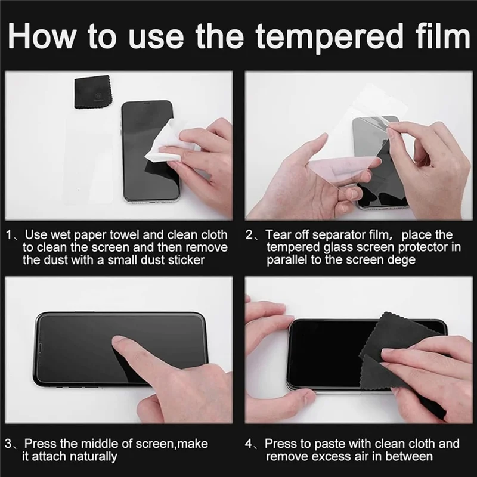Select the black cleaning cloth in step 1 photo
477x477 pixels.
92,92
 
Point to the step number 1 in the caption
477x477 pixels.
10,235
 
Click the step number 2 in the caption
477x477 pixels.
249,235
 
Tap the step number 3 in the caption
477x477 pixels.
8,444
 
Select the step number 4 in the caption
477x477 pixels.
249,444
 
